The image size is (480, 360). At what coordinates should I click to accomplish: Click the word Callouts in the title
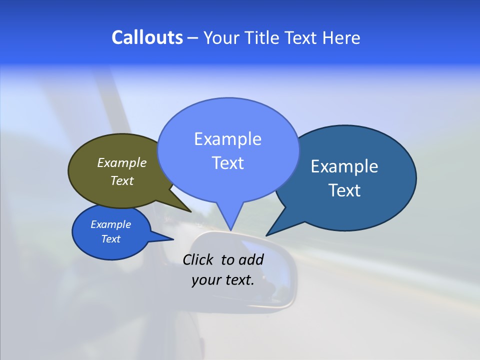[x=147, y=37]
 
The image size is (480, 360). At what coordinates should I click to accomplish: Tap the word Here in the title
[x=341, y=37]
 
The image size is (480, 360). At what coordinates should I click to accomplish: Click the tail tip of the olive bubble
[x=190, y=211]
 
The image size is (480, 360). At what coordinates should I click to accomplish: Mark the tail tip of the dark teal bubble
[x=266, y=235]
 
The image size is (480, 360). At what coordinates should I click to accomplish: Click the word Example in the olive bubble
[x=122, y=162]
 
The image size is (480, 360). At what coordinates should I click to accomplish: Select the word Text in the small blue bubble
[x=111, y=239]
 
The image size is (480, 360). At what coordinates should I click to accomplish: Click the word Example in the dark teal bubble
[x=344, y=166]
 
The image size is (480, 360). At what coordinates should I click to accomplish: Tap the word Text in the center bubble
[x=228, y=163]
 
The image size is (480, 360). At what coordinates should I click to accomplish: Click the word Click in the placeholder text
[x=199, y=259]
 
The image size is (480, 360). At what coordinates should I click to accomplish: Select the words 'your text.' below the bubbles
[x=223, y=280]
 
